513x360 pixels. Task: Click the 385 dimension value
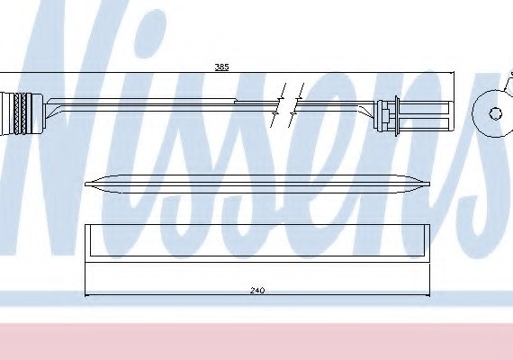221,67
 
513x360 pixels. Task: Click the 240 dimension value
257,291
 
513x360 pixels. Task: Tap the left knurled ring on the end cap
17,114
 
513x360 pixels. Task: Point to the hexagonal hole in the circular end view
495,113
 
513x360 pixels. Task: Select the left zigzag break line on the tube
279,104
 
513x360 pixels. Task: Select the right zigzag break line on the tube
296,104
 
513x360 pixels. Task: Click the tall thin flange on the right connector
397,115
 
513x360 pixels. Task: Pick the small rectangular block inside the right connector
385,114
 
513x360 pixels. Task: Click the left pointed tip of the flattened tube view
85,184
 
